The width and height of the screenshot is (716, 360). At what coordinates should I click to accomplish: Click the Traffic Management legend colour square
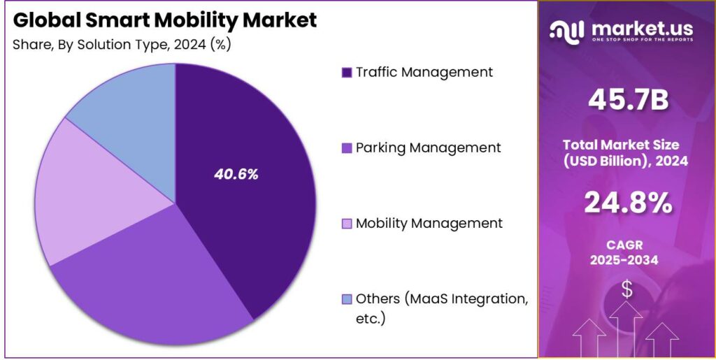click(346, 73)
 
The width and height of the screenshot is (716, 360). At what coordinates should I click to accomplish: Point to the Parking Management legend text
click(428, 147)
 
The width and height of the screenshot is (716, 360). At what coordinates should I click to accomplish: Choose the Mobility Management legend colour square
click(346, 224)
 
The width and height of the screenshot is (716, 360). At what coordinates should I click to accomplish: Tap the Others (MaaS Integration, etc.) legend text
click(441, 308)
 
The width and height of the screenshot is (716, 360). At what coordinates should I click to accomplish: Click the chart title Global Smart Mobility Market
click(165, 20)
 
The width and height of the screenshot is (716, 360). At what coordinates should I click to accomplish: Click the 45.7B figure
click(628, 101)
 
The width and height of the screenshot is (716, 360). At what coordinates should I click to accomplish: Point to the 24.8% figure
click(628, 203)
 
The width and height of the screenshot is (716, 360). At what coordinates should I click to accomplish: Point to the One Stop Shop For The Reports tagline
click(642, 40)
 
